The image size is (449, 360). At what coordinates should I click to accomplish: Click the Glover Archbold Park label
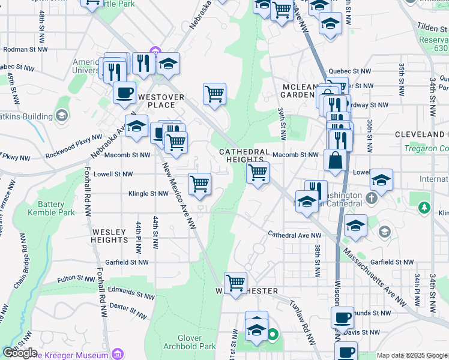tap(188, 342)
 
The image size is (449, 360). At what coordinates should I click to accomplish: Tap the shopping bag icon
tap(334, 161)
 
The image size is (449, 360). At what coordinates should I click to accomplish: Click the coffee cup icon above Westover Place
tap(124, 93)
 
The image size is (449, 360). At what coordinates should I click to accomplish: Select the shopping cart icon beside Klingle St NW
tap(199, 184)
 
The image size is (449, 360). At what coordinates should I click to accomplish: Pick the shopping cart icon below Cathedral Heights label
tap(258, 173)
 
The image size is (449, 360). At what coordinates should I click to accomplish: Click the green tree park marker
tap(425, 208)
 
